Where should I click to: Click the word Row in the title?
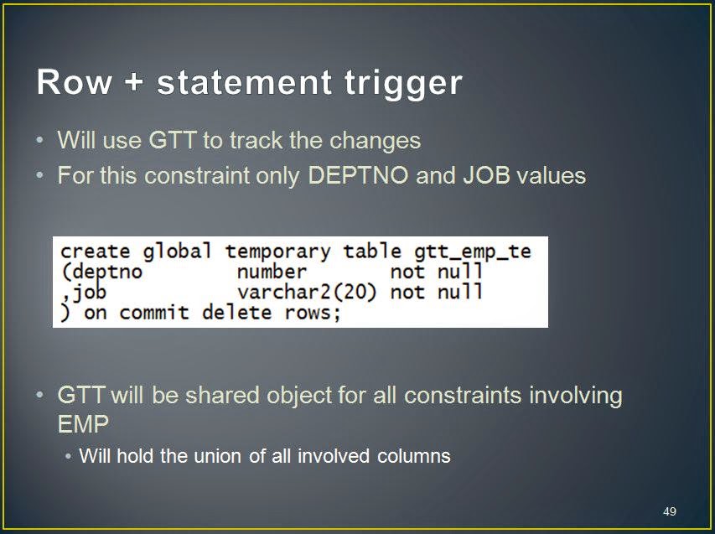[75, 82]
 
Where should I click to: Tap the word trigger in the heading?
[403, 85]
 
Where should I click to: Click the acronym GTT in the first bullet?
[173, 140]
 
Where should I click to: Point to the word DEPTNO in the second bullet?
[358, 175]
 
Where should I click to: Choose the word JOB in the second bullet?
[486, 175]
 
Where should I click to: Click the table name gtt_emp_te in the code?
[473, 252]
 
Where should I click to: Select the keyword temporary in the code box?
[277, 252]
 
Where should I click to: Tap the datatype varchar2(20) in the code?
[307, 293]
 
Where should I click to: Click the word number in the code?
[272, 272]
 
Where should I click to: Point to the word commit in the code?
[154, 313]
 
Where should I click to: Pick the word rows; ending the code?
[313, 314]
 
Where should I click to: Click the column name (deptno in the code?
[101, 272]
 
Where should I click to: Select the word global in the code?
[177, 252]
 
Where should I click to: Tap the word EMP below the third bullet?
[84, 424]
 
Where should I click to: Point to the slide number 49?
[670, 511]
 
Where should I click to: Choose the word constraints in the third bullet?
[463, 396]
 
